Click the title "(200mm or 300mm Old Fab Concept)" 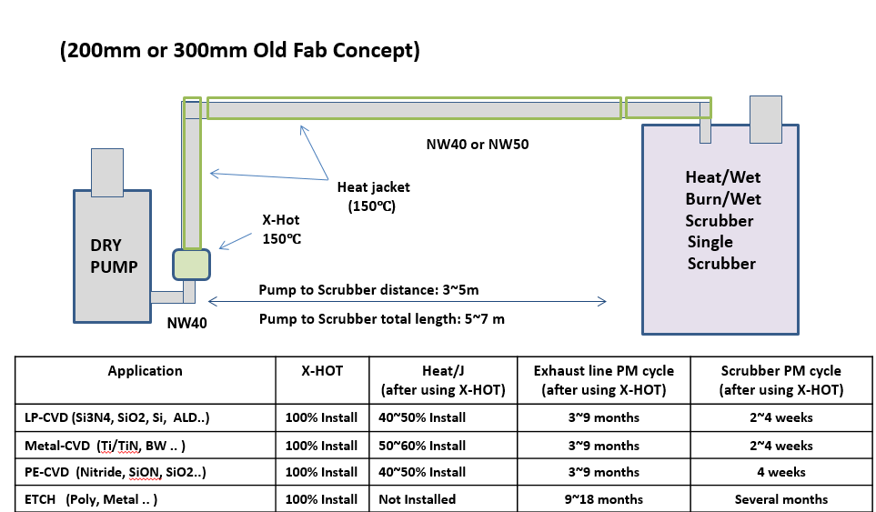[x=240, y=50]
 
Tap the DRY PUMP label [x=114, y=256]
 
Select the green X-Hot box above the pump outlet [x=192, y=264]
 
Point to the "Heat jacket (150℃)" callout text [x=373, y=196]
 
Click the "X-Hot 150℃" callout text [x=280, y=229]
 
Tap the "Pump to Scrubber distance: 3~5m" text [x=368, y=290]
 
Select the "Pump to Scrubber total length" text [x=381, y=319]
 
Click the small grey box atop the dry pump [x=106, y=171]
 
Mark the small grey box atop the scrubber [x=765, y=117]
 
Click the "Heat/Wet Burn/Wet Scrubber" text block [x=722, y=220]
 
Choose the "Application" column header [x=145, y=371]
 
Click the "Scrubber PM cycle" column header [x=780, y=379]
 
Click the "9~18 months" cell [x=603, y=499]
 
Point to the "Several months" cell [x=780, y=499]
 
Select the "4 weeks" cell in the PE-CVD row [x=780, y=472]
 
